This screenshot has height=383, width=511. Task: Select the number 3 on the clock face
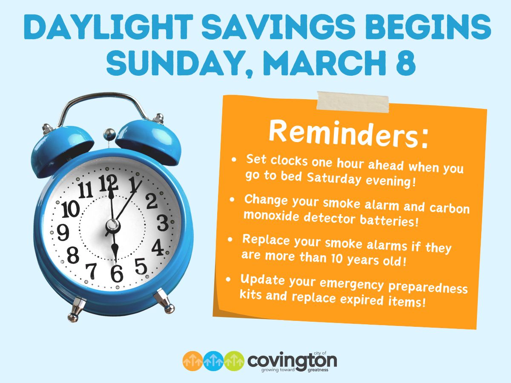point(162,223)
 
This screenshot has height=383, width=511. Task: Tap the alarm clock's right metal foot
point(164,300)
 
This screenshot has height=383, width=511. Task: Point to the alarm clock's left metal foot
point(77,308)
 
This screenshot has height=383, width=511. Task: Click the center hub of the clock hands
point(112,225)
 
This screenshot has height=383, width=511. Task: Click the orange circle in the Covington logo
point(193,361)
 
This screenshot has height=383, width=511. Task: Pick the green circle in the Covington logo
point(234,361)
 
